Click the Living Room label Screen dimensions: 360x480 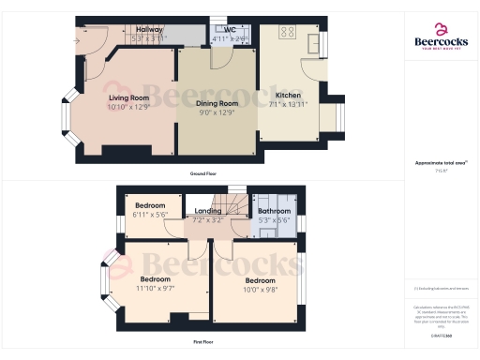[128, 97]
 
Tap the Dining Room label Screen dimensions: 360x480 [217, 105]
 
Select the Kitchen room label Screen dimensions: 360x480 [288, 96]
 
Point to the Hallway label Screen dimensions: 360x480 [149, 30]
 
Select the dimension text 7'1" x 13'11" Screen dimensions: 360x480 [288, 104]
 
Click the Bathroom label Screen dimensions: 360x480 [275, 212]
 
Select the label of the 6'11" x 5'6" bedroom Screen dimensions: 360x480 [150, 205]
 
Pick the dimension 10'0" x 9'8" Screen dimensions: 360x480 [260, 289]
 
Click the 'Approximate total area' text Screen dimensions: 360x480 [441, 163]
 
